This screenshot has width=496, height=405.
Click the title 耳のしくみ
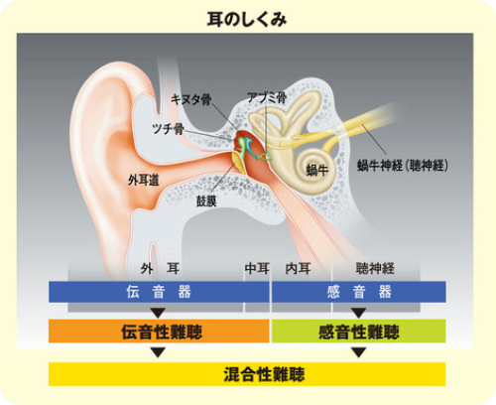click(247, 20)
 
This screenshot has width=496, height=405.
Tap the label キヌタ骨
click(191, 99)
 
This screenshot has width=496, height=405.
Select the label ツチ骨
click(168, 128)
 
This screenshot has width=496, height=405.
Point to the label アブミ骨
click(267, 97)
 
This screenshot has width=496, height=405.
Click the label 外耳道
click(144, 180)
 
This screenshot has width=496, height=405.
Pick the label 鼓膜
click(206, 201)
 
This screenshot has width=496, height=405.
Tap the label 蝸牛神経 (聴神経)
click(403, 166)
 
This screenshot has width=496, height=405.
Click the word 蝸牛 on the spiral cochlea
click(317, 170)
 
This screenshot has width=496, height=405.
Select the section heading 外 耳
click(160, 268)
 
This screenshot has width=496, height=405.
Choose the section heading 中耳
click(257, 268)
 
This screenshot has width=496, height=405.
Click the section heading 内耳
click(298, 268)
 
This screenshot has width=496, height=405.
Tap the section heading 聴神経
click(375, 268)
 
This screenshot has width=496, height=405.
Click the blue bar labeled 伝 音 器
click(159, 292)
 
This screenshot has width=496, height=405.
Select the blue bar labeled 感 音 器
click(359, 292)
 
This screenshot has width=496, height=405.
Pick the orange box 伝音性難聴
click(159, 332)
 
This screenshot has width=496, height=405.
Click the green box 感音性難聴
click(359, 332)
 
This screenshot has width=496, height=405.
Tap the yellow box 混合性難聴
click(247, 374)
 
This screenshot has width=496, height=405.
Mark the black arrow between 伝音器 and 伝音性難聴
click(158, 313)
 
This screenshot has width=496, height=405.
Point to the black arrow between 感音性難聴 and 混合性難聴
click(359, 352)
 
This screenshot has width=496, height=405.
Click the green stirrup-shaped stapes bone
click(266, 156)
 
